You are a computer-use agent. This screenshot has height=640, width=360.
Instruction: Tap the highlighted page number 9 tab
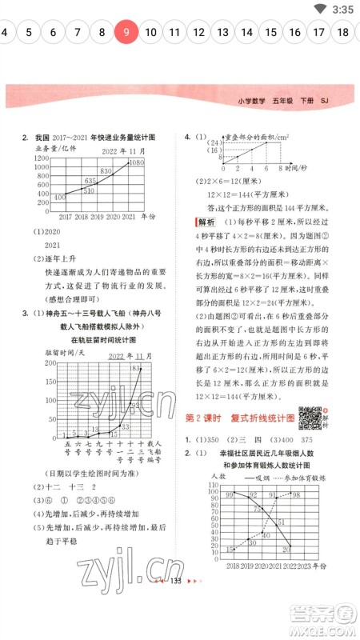coord(126,33)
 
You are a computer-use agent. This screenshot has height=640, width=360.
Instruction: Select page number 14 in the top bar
coord(247,33)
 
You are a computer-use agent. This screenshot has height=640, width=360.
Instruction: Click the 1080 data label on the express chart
coord(137,162)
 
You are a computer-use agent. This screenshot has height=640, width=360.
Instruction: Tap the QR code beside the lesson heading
coord(308,416)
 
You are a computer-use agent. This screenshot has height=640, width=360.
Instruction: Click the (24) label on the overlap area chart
coord(214,140)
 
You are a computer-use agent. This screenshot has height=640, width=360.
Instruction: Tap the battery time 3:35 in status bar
coord(341,9)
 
